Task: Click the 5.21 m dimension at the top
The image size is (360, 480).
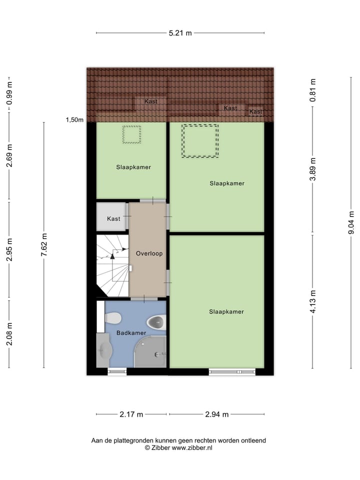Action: tap(180, 33)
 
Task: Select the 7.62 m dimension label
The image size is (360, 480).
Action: tap(44, 245)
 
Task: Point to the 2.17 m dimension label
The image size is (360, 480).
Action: tap(131, 414)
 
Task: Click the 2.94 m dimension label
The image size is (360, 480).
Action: tap(216, 414)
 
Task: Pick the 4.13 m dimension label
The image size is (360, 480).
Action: tap(313, 301)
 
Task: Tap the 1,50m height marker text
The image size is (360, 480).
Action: tap(74, 120)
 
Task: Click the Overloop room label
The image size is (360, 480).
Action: tap(149, 253)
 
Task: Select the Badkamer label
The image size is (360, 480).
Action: tap(131, 332)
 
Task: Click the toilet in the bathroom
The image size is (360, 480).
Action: tap(113, 317)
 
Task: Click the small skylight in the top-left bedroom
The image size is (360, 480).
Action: tap(132, 134)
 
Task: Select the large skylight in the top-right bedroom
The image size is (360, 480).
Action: tap(200, 141)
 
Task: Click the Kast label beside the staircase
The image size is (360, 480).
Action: tap(113, 219)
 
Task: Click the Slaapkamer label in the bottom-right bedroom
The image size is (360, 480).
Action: tap(226, 311)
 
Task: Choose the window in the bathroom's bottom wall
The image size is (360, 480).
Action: tap(117, 371)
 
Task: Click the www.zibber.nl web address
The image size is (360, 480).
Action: tap(192, 448)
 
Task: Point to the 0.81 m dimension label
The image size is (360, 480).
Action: tap(313, 90)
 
